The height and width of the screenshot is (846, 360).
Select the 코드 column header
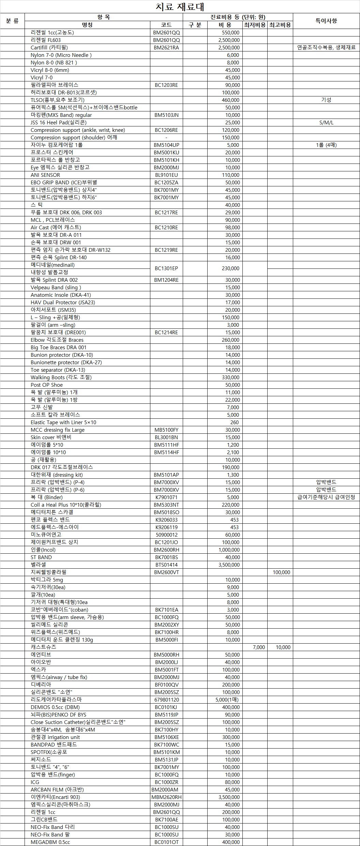(166, 25)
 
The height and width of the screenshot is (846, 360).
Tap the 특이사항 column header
(326, 21)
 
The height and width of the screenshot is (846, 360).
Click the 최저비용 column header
(255, 25)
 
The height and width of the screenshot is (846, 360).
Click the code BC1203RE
(166, 85)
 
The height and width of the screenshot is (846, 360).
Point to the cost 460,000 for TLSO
(230, 100)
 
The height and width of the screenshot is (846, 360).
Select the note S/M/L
(326, 123)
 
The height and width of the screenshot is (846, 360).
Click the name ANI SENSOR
(45, 175)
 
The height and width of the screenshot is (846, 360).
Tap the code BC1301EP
(166, 268)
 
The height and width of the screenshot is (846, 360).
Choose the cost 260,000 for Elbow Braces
(230, 340)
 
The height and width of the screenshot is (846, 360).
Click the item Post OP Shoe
(47, 385)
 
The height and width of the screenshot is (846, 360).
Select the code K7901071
(166, 497)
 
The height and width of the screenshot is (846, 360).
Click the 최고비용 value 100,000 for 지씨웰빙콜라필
(281, 572)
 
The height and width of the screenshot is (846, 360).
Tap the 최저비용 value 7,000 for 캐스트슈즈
(259, 647)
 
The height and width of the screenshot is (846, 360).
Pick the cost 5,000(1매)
(227, 700)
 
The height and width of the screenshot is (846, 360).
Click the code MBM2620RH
(166, 797)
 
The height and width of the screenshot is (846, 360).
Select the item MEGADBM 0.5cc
(50, 842)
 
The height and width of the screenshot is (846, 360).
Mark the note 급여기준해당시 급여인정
(326, 497)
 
